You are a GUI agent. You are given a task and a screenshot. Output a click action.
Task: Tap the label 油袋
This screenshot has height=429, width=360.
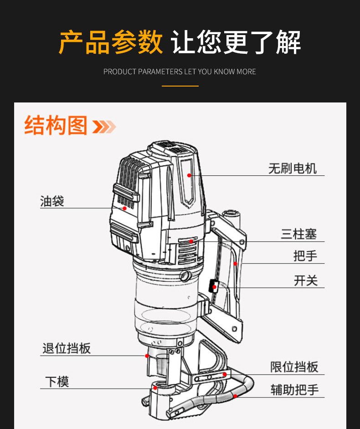[52, 201]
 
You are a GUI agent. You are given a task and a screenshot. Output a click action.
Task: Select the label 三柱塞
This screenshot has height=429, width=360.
[299, 235]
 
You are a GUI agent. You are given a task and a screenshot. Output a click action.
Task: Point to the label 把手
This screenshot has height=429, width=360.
[305, 255]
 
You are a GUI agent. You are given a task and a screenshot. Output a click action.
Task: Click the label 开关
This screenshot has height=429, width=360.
[305, 281]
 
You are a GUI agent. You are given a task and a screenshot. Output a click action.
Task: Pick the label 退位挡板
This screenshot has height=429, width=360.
[67, 348]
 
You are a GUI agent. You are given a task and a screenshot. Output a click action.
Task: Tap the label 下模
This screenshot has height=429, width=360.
[57, 381]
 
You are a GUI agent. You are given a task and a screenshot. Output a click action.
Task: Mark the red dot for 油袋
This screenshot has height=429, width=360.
[125, 208]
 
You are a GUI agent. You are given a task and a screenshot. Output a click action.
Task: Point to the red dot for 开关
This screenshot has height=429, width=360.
[214, 287]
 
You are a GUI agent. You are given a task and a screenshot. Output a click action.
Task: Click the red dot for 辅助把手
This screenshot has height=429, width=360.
[235, 396]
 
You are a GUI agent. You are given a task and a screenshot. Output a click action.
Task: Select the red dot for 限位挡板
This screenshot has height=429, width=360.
[225, 374]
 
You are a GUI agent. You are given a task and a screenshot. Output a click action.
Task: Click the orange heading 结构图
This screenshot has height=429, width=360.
[56, 125]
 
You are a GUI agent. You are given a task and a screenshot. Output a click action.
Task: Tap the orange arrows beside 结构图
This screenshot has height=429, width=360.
[104, 127]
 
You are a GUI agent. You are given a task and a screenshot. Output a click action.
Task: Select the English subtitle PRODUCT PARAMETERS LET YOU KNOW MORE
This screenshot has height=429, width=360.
[180, 71]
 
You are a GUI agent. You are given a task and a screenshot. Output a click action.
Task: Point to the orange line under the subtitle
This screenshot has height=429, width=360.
[180, 86]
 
